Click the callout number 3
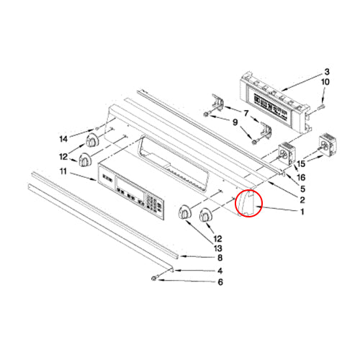(x=327, y=72)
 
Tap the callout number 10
(x=325, y=82)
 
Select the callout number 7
(x=246, y=113)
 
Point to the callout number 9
(x=235, y=122)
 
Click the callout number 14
(x=63, y=139)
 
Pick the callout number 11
(x=63, y=171)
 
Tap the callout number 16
(x=301, y=178)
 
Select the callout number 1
(x=302, y=212)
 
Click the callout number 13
(x=218, y=248)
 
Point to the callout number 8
(x=220, y=258)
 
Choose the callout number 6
(x=220, y=282)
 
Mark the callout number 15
(x=301, y=164)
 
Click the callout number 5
(x=302, y=189)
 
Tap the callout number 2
(x=302, y=199)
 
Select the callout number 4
(x=220, y=271)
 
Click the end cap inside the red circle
(x=246, y=203)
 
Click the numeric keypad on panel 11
(x=153, y=204)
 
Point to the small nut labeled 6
(x=153, y=279)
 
